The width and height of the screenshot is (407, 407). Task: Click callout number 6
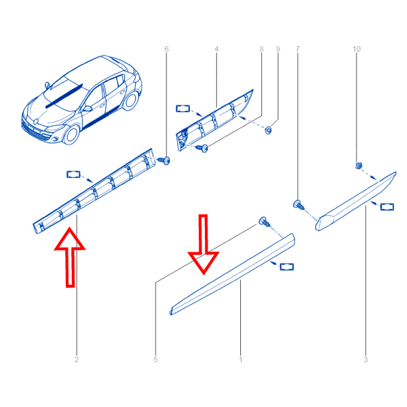pyautogui.click(x=166, y=49)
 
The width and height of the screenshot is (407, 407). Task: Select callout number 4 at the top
pyautogui.click(x=216, y=49)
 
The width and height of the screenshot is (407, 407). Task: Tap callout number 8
pyautogui.click(x=261, y=49)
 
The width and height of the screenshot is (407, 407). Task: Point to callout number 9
pyautogui.click(x=278, y=49)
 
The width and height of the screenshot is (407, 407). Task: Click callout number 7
pyautogui.click(x=298, y=49)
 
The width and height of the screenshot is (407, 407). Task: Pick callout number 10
pyautogui.click(x=357, y=49)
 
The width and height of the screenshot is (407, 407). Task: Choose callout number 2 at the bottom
pyautogui.click(x=77, y=360)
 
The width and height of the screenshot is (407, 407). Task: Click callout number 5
pyautogui.click(x=155, y=360)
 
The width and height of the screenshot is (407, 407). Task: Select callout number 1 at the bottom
pyautogui.click(x=241, y=360)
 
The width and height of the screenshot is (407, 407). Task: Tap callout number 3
pyautogui.click(x=366, y=360)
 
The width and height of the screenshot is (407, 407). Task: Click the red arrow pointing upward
pyautogui.click(x=70, y=257)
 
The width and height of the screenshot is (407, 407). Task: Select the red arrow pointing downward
pyautogui.click(x=203, y=244)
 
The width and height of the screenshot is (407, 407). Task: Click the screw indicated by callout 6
pyautogui.click(x=164, y=160)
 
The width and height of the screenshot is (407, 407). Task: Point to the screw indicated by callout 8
pyautogui.click(x=202, y=148)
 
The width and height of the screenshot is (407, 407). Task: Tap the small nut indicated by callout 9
pyautogui.click(x=269, y=130)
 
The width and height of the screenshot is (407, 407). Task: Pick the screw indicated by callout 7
pyautogui.click(x=298, y=205)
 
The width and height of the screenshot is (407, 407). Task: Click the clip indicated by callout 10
pyautogui.click(x=358, y=166)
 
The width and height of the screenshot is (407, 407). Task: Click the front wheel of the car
pyautogui.click(x=71, y=135)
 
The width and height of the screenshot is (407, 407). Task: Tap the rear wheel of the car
pyautogui.click(x=130, y=100)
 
